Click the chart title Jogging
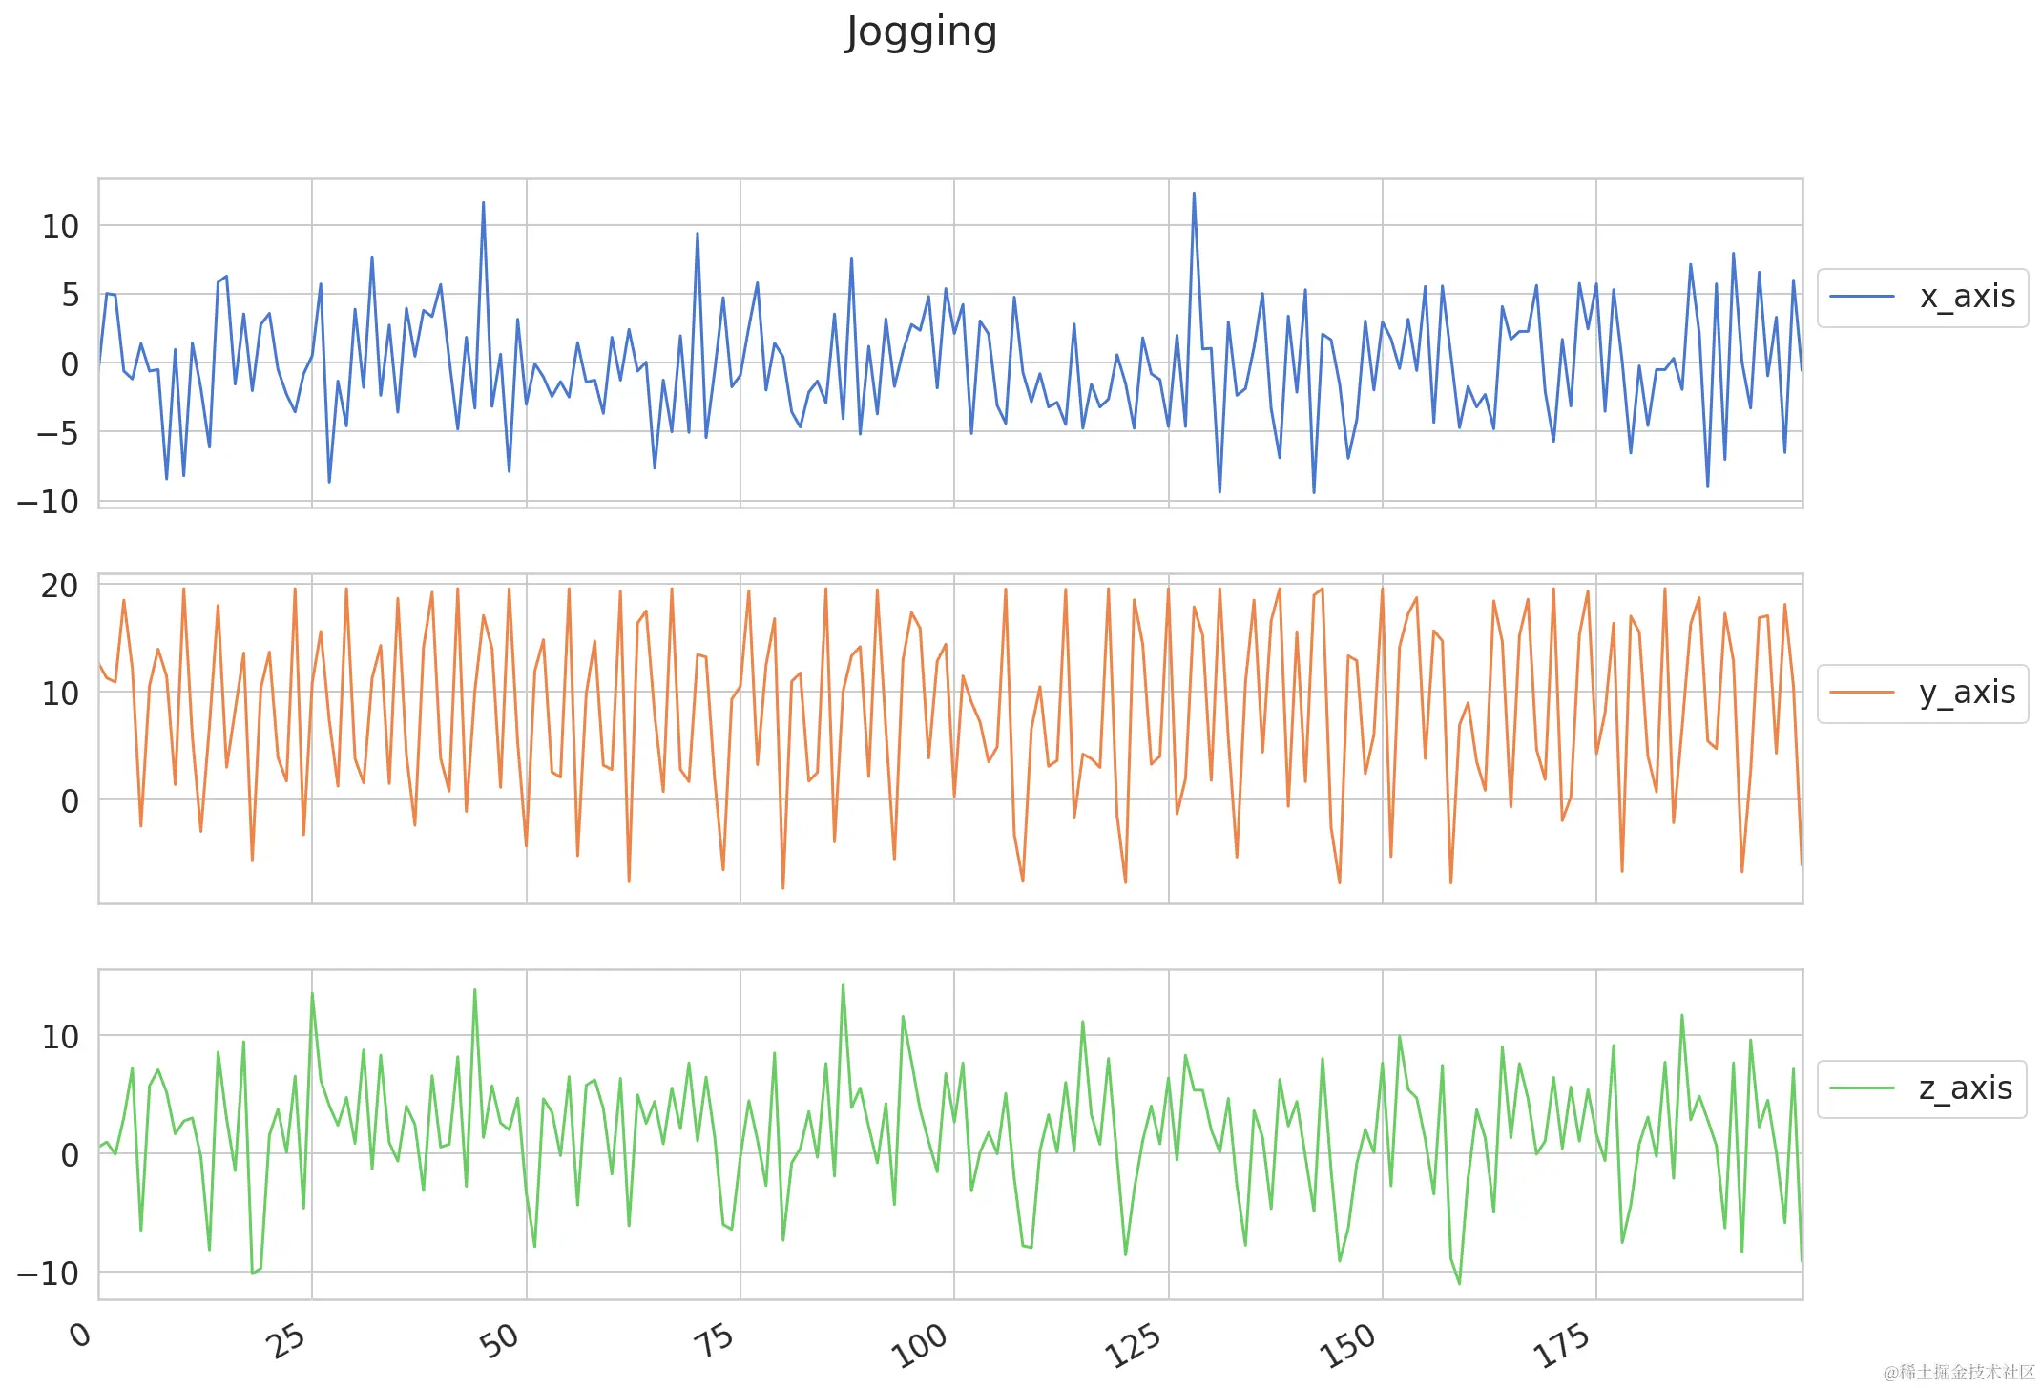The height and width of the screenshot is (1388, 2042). (921, 31)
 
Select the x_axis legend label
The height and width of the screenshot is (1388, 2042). (1967, 297)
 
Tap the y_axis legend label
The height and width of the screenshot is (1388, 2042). (1967, 693)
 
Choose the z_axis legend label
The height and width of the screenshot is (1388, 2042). (1965, 1088)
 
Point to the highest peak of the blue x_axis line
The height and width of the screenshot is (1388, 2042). (1193, 194)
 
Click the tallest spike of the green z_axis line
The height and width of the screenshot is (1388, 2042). (843, 984)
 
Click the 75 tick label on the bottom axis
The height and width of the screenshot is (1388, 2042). (714, 1340)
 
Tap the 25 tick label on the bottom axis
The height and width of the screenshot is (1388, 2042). (285, 1340)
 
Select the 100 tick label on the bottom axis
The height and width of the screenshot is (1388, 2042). (919, 1345)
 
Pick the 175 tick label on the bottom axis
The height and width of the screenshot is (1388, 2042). (1561, 1345)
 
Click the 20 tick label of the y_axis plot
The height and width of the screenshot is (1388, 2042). (59, 586)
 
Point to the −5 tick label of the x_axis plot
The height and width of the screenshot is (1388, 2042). (57, 433)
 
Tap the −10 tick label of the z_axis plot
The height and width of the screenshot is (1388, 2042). (48, 1274)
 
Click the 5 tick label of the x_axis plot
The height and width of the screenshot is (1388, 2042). (70, 296)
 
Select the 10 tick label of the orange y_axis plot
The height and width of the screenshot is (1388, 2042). (59, 694)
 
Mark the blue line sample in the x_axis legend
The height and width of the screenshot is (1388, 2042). (1862, 297)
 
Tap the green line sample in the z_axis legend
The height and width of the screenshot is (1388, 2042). (1862, 1088)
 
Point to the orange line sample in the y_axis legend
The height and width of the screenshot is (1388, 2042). (1862, 693)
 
